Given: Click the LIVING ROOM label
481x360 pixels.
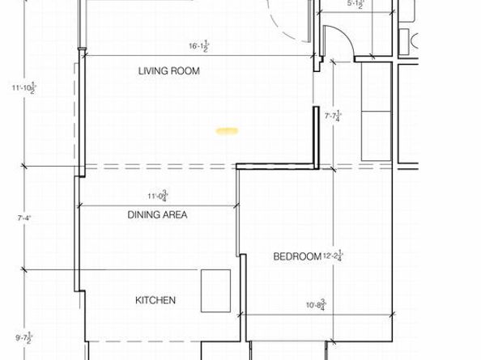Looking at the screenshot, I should (x=168, y=71).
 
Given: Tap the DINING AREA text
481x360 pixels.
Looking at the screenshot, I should (x=157, y=215).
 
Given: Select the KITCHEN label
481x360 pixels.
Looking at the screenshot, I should (x=155, y=301).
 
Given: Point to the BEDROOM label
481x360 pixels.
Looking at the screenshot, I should (x=297, y=257).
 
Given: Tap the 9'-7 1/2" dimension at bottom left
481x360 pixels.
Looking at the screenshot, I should (x=22, y=338).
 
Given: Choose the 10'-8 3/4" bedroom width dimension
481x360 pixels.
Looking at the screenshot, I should (x=315, y=305).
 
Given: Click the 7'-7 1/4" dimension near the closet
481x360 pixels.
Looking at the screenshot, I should (x=333, y=116).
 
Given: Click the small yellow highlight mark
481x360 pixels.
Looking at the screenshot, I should (x=227, y=129).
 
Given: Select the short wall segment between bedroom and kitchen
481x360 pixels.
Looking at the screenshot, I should (x=242, y=275).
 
